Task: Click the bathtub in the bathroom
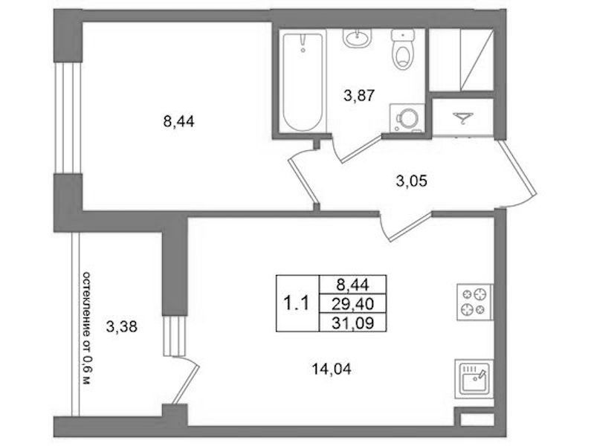click(303, 82)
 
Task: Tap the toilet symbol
click(403, 50)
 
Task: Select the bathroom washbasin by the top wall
click(358, 38)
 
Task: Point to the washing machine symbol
click(407, 118)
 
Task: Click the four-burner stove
click(475, 302)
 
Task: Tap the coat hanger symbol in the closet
click(463, 118)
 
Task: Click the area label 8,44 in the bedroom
click(179, 122)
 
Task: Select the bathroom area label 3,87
click(359, 95)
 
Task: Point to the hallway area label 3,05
click(411, 181)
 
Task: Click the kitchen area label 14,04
click(332, 369)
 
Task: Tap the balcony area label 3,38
click(122, 326)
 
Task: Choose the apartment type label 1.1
click(297, 303)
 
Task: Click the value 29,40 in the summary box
click(352, 303)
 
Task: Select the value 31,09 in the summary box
click(352, 323)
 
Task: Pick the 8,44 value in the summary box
click(352, 284)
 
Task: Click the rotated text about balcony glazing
click(87, 328)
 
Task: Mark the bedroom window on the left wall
click(68, 118)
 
